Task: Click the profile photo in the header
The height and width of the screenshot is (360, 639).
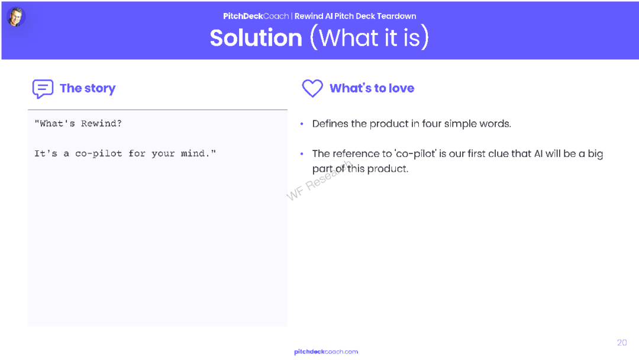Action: (x=17, y=17)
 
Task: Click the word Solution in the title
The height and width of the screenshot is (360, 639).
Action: (x=256, y=38)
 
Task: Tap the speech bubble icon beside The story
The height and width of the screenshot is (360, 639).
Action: (x=43, y=89)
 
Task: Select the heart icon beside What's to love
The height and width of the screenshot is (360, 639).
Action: (x=312, y=88)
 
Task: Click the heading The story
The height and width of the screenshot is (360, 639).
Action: (x=88, y=88)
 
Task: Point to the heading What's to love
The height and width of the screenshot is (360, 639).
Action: (x=372, y=88)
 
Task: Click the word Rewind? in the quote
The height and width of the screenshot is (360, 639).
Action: (x=101, y=124)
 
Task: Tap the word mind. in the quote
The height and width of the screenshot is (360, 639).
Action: (x=196, y=153)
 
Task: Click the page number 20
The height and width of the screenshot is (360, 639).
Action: (x=622, y=342)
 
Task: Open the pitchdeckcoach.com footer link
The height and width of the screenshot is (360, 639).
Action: (x=326, y=352)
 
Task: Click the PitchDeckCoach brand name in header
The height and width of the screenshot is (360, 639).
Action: (x=256, y=17)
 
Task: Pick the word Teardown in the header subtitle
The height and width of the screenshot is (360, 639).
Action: (x=396, y=17)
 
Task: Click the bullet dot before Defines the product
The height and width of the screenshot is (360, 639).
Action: (x=302, y=124)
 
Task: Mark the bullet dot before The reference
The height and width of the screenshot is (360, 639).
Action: (x=302, y=154)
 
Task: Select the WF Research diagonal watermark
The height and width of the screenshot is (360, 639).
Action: (x=319, y=181)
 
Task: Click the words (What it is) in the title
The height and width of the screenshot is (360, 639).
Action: (x=370, y=38)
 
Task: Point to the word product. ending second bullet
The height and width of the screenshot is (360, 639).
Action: (x=388, y=169)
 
